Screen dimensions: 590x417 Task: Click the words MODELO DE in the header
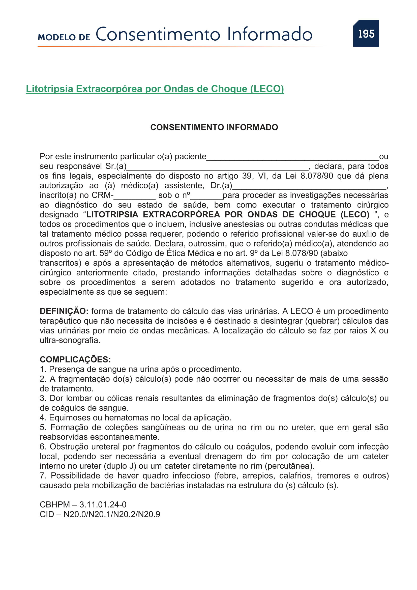(x=64, y=38)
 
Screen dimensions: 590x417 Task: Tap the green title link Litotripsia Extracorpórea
(x=155, y=89)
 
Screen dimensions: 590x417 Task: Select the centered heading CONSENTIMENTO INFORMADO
(x=214, y=127)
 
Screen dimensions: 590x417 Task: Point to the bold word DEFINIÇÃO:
(x=64, y=311)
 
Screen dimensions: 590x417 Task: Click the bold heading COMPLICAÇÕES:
(x=75, y=359)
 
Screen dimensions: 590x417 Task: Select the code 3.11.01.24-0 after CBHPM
(x=103, y=504)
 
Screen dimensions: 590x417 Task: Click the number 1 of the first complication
(x=43, y=369)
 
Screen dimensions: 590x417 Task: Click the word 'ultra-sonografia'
(x=70, y=340)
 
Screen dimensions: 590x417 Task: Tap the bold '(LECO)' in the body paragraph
(x=355, y=215)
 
